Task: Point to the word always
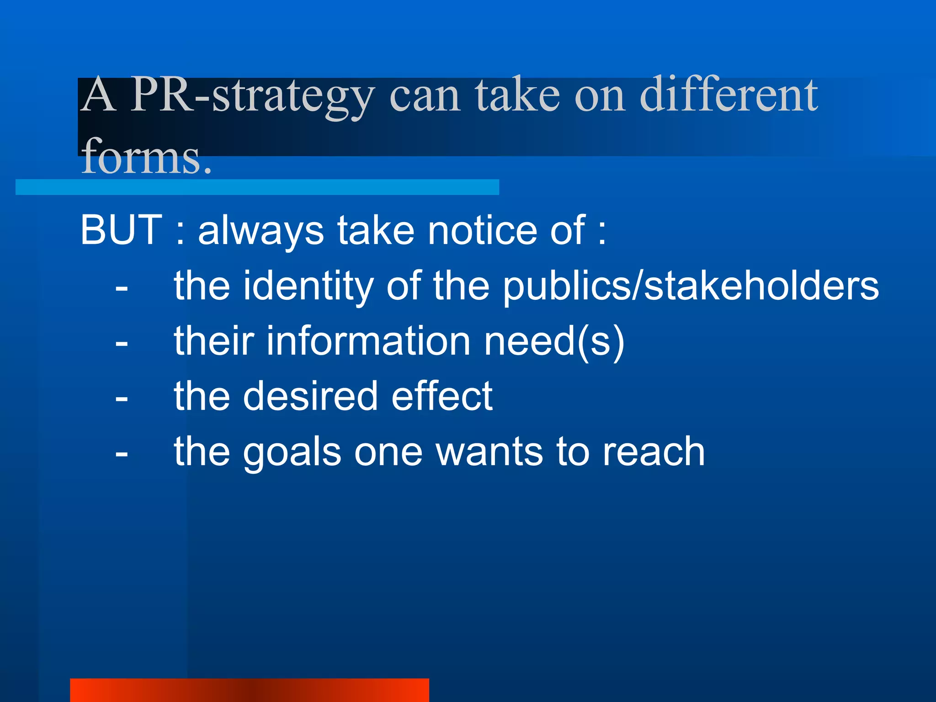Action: click(x=261, y=231)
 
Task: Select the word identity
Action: click(x=308, y=286)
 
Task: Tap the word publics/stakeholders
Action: click(x=691, y=286)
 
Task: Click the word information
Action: click(x=368, y=341)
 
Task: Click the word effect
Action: click(x=442, y=396)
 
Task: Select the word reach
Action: click(x=654, y=452)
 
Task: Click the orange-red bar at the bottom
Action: click(x=250, y=690)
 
